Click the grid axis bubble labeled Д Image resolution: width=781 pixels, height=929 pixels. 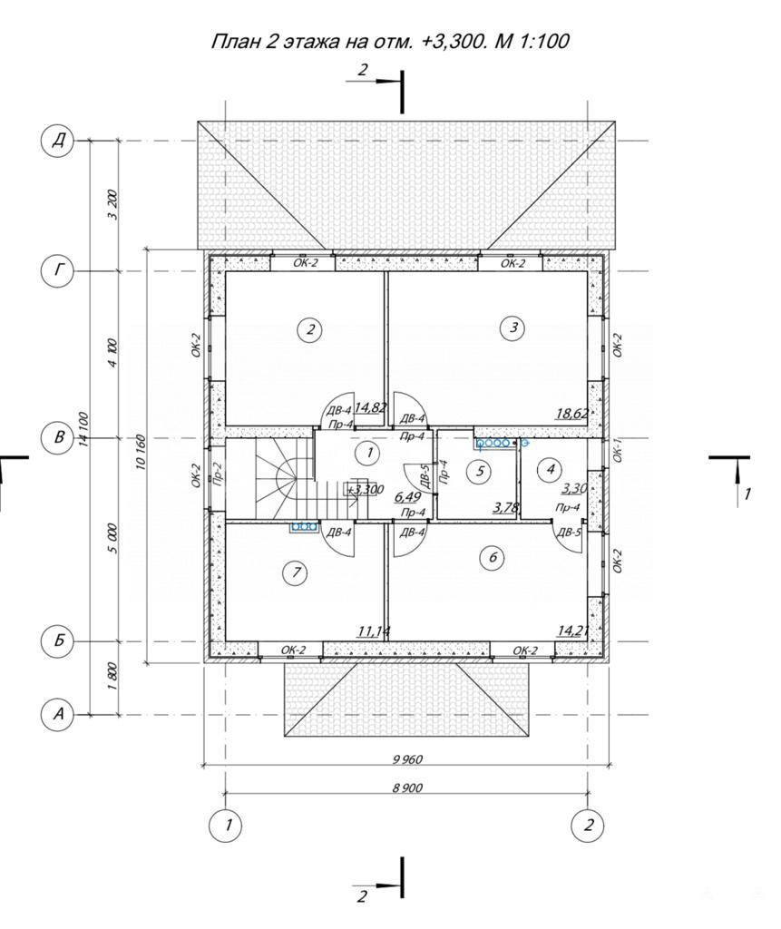point(57,142)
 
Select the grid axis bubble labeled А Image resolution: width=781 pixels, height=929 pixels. point(57,715)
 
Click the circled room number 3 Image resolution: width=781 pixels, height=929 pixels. point(513,327)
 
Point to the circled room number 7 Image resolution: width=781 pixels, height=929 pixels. point(297,572)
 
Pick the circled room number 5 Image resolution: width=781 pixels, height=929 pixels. point(480,471)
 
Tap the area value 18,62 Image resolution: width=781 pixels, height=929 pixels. point(571,413)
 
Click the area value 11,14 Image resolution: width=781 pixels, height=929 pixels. point(374,631)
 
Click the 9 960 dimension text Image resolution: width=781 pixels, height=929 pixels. point(407,759)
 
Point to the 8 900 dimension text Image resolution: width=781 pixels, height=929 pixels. point(407,788)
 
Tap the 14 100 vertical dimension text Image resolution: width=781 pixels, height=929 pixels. point(83,429)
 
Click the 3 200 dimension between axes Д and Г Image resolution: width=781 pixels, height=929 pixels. point(112,204)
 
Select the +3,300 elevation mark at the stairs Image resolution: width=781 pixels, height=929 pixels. point(366,490)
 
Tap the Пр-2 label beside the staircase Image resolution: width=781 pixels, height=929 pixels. point(217,474)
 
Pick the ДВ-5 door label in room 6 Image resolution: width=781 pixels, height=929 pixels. point(568,532)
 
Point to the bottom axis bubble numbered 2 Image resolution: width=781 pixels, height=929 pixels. point(588,824)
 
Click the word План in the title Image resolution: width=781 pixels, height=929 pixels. point(236,41)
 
